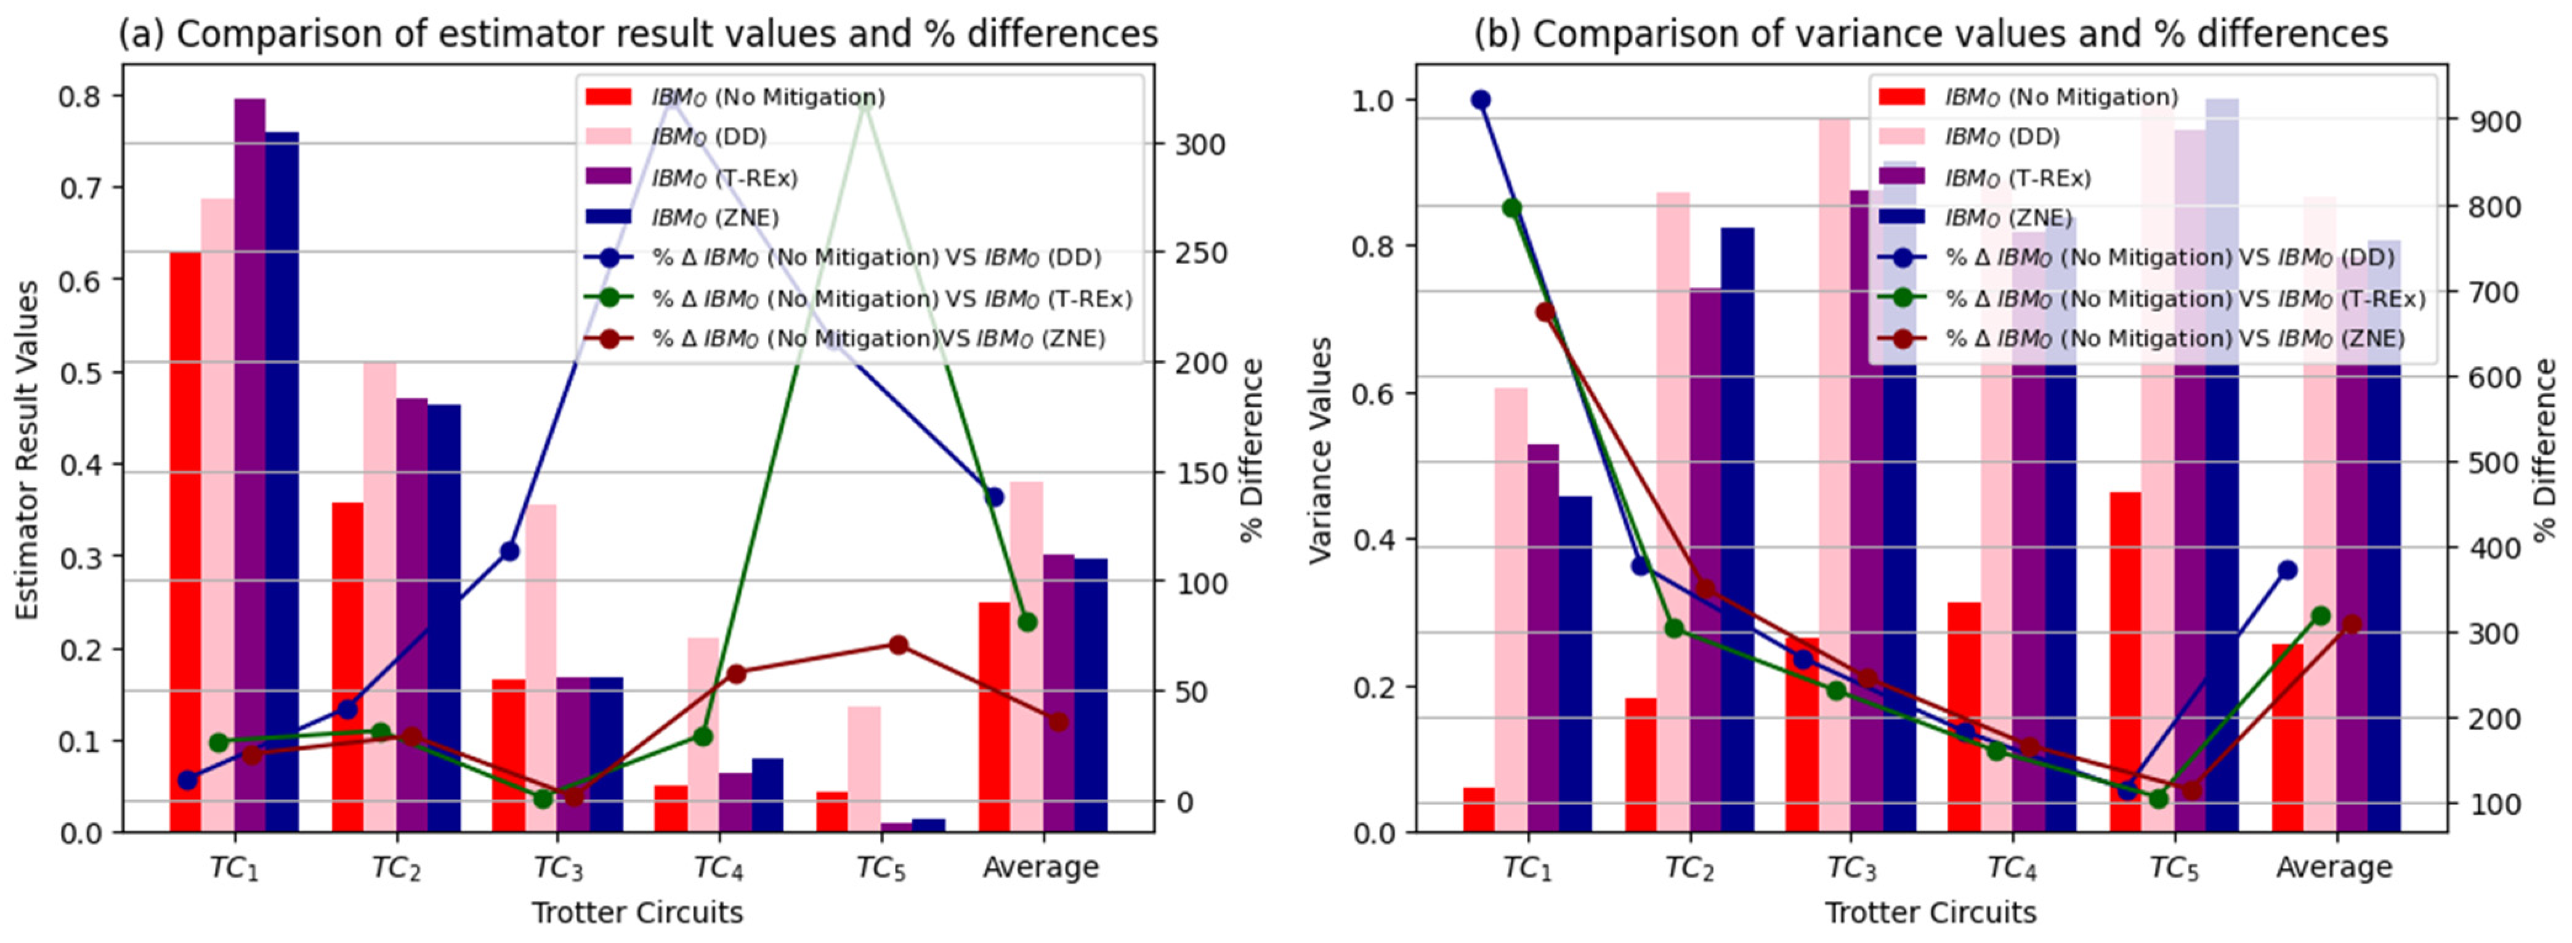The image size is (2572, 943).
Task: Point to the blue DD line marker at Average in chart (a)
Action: [993, 496]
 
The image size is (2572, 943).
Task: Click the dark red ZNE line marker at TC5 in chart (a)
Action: [897, 644]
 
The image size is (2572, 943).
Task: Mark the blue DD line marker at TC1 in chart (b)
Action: [1481, 100]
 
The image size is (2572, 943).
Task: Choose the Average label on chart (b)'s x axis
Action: [2334, 868]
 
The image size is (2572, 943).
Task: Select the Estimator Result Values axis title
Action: [27, 450]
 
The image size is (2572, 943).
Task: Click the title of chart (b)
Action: [1931, 34]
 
